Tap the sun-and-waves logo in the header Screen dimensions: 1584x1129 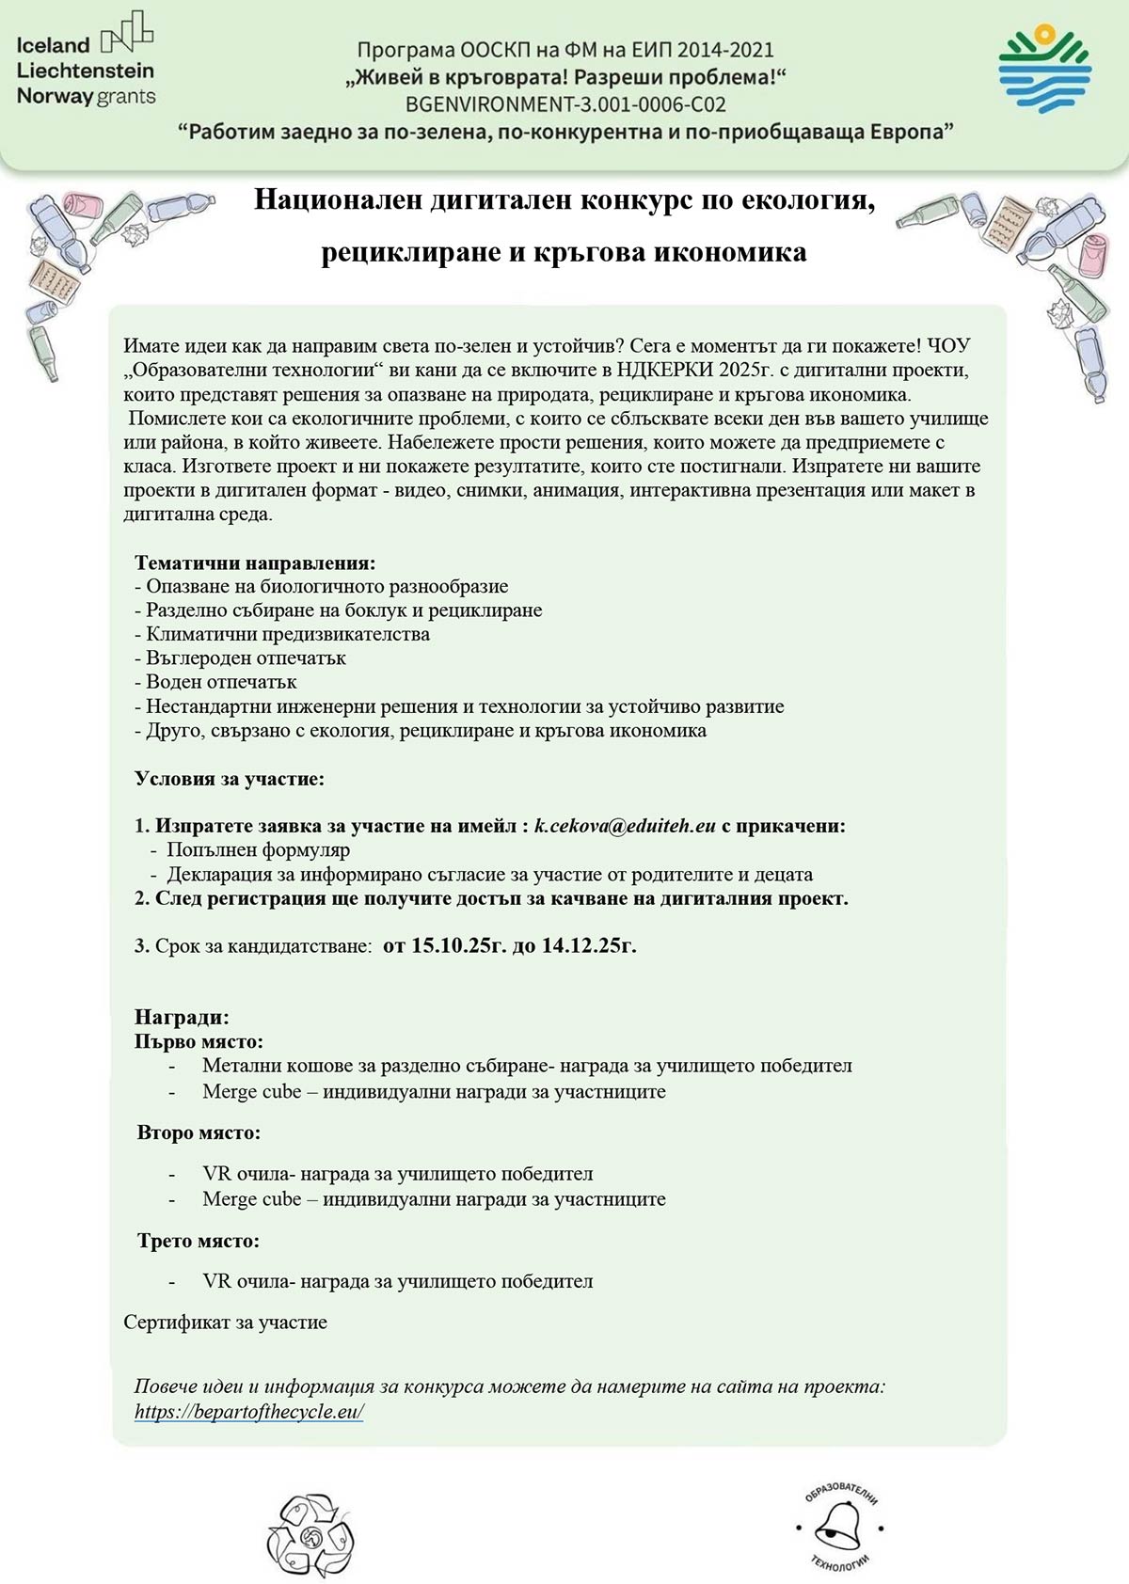(x=1043, y=70)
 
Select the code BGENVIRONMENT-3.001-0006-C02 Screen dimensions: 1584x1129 (x=564, y=104)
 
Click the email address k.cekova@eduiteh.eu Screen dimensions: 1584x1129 (x=625, y=826)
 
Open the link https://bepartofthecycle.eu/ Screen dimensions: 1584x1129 (x=248, y=1411)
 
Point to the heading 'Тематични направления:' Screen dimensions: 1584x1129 (x=255, y=562)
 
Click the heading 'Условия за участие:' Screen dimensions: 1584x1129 (x=229, y=778)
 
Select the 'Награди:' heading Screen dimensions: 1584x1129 (x=182, y=1017)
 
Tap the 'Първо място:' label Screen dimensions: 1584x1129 (x=199, y=1041)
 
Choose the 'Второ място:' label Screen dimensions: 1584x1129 (x=199, y=1133)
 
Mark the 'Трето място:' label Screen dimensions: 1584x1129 (x=198, y=1241)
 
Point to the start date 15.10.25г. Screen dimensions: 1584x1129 (x=458, y=945)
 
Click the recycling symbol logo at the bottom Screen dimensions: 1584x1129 (x=310, y=1535)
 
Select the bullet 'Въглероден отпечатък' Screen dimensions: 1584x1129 (x=246, y=657)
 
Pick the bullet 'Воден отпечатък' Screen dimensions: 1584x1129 (x=221, y=682)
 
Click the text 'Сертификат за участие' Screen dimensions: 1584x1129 (x=225, y=1322)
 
